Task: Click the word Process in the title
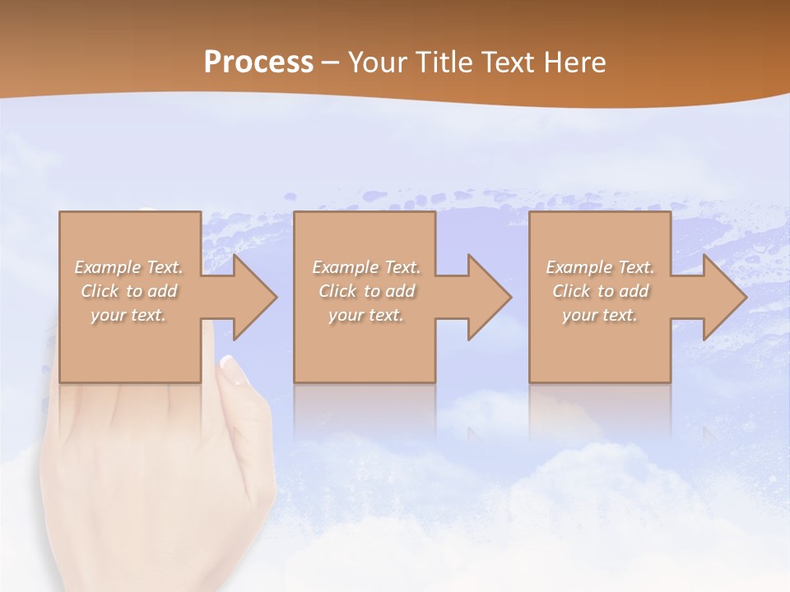click(258, 62)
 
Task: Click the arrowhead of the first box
click(255, 297)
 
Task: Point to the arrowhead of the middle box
click(490, 297)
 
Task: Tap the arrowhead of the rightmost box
click(724, 297)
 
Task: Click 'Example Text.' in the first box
click(129, 267)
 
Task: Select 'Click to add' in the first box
click(129, 291)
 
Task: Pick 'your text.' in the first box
click(129, 315)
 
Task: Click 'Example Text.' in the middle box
click(366, 267)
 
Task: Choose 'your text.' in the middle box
click(366, 315)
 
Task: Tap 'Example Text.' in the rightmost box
click(600, 267)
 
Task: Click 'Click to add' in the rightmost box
click(600, 291)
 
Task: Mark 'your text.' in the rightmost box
click(600, 315)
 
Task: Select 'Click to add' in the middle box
click(366, 291)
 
